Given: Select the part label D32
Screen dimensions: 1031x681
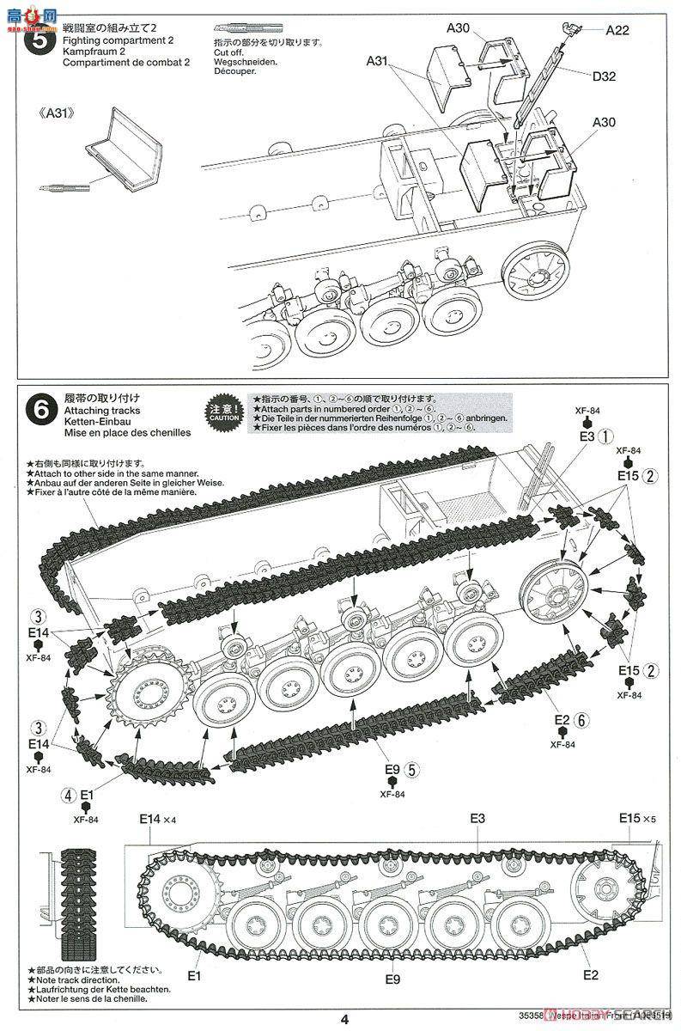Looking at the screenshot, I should pos(604,76).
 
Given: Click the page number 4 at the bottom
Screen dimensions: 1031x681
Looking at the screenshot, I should pos(344,1020).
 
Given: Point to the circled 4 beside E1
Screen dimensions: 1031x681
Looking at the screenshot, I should pos(69,795).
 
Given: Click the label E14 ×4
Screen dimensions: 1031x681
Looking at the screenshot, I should pos(157,820).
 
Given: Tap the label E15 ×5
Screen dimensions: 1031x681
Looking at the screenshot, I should pos(636,820).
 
